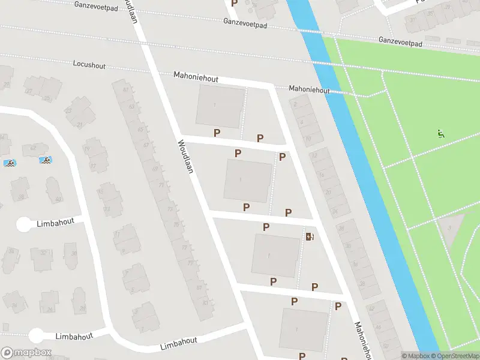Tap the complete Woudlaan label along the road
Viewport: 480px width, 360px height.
pos(185,157)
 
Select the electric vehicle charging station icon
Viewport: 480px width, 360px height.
pos(310,236)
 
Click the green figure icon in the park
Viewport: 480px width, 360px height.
pos(440,134)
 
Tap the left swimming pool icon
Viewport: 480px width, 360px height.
pos(10,163)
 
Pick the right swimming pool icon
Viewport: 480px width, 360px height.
pos(45,160)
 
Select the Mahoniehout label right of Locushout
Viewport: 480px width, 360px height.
pos(196,77)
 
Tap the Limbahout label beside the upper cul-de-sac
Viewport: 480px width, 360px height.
pos(55,221)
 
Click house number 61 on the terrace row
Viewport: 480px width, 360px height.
pos(125,90)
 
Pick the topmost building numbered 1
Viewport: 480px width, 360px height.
pos(220,106)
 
